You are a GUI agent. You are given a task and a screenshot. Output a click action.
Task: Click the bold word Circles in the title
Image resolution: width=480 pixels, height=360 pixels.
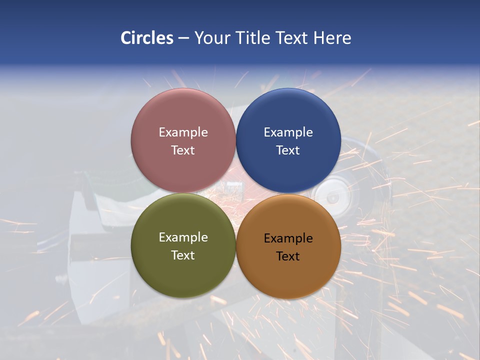[147, 37]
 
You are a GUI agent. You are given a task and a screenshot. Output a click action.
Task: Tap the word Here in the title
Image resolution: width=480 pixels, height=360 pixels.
[332, 37]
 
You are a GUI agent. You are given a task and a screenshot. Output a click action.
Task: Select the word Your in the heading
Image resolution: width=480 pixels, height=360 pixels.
[212, 37]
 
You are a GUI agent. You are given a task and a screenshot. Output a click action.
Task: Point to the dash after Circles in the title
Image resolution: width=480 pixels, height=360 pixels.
[183, 38]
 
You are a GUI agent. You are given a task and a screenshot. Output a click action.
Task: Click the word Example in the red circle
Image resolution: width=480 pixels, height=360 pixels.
[183, 132]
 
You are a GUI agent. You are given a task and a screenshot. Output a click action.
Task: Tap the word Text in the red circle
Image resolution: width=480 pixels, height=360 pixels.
[183, 150]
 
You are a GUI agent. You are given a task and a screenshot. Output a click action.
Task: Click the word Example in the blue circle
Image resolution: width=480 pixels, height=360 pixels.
[288, 132]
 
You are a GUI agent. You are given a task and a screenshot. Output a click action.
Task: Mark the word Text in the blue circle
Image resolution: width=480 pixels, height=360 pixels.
[288, 150]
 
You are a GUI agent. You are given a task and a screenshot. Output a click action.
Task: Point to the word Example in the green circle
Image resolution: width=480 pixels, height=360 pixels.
[183, 237]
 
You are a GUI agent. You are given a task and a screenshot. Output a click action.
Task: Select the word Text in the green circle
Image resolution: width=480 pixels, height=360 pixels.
[183, 255]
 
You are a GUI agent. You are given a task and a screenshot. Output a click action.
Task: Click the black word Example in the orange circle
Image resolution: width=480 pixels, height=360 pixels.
[288, 238]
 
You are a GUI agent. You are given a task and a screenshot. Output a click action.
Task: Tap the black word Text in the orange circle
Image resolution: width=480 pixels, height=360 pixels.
[288, 256]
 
